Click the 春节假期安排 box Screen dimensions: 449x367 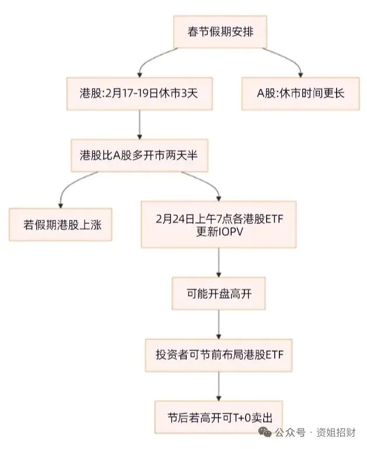pyautogui.click(x=218, y=32)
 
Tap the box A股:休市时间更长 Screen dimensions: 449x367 pyautogui.click(x=300, y=93)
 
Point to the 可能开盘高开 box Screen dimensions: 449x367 pyautogui.click(x=218, y=293)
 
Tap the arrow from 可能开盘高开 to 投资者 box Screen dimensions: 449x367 pyautogui.click(x=218, y=324)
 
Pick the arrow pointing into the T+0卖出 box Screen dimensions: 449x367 pyautogui.click(x=218, y=385)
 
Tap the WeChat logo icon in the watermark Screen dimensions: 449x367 pyautogui.click(x=264, y=432)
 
